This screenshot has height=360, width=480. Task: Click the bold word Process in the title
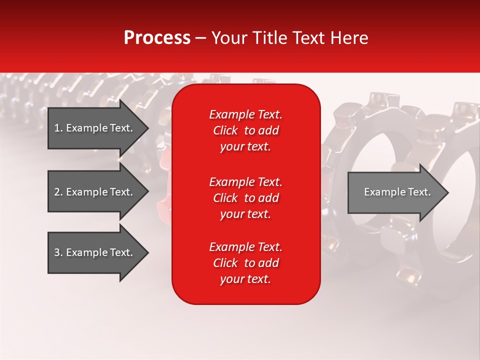pyautogui.click(x=157, y=38)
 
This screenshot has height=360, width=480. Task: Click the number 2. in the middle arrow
pyautogui.click(x=58, y=192)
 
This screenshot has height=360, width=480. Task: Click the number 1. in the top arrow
pyautogui.click(x=58, y=128)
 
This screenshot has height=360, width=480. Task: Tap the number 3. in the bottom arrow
pyautogui.click(x=58, y=252)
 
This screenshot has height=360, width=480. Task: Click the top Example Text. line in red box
pyautogui.click(x=245, y=114)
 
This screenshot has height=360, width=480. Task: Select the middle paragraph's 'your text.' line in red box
pyautogui.click(x=245, y=214)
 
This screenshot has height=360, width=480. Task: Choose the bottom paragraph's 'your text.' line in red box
pyautogui.click(x=245, y=279)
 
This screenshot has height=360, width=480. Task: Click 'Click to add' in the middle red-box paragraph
pyautogui.click(x=245, y=198)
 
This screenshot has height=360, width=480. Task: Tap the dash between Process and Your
pyautogui.click(x=200, y=38)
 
